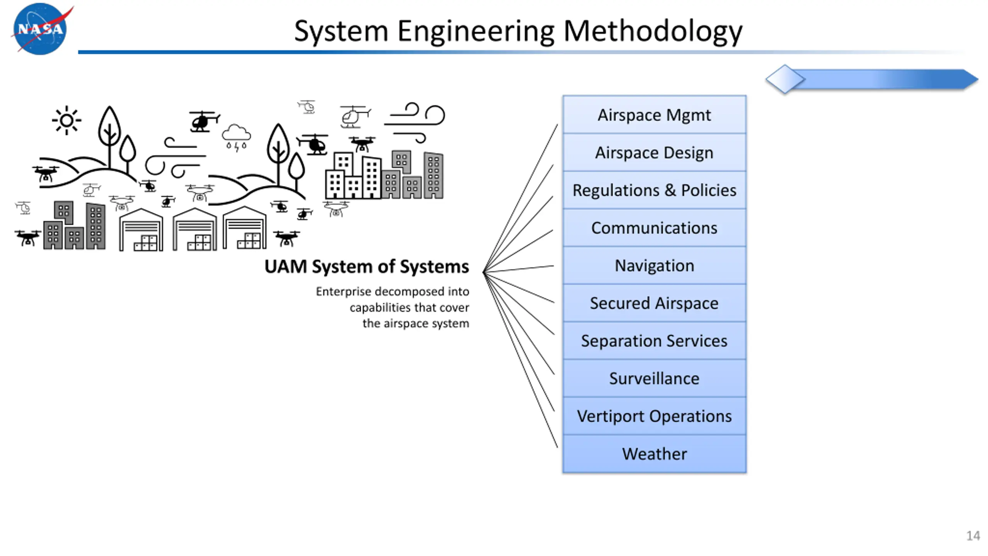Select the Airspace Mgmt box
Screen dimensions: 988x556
click(654, 115)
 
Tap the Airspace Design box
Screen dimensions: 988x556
click(654, 153)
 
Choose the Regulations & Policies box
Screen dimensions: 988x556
click(654, 190)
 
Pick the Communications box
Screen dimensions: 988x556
click(654, 228)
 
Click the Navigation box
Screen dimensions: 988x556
click(654, 265)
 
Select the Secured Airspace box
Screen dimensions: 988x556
click(654, 303)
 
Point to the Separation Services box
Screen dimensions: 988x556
click(654, 341)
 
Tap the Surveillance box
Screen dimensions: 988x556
click(654, 378)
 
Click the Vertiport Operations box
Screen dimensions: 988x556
click(654, 416)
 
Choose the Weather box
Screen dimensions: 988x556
click(654, 454)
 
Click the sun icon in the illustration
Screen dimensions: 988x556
click(66, 120)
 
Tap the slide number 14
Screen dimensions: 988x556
click(973, 536)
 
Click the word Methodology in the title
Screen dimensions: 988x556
click(653, 32)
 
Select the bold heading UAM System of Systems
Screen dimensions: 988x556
click(367, 266)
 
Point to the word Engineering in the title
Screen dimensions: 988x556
click(476, 32)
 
